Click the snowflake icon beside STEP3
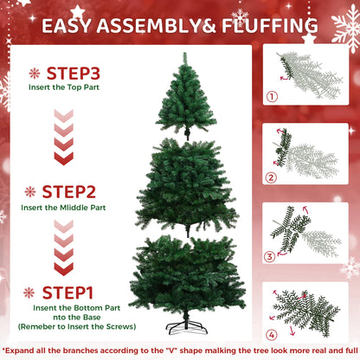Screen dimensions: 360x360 [35, 74]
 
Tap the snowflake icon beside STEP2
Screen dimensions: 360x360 [29, 191]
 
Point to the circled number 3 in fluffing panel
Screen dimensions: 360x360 [270, 255]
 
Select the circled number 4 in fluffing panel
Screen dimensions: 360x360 [270, 334]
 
